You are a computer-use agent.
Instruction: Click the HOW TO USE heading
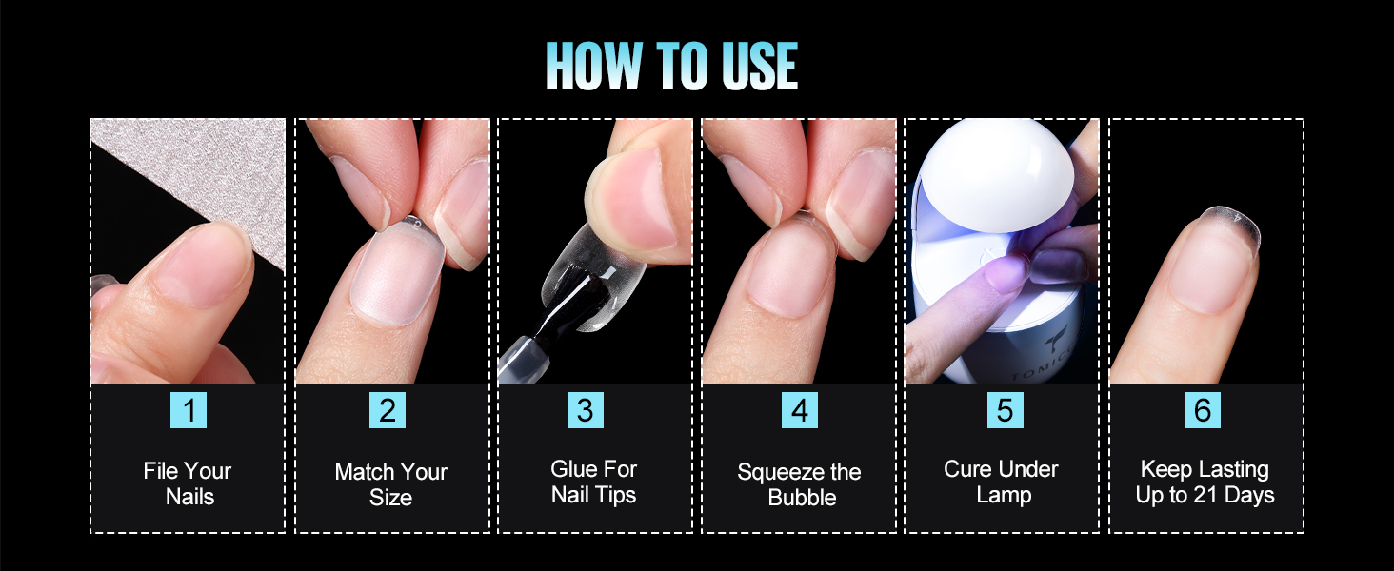click(671, 66)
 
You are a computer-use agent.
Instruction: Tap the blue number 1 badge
click(189, 410)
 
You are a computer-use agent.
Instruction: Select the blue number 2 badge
click(388, 410)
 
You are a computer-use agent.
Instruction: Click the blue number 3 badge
click(585, 410)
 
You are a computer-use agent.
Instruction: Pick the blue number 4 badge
click(800, 410)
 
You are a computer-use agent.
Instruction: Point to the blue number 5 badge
click(1006, 410)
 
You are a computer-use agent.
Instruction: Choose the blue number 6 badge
click(1203, 410)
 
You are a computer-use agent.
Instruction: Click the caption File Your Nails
click(188, 483)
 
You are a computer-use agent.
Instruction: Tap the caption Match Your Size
click(390, 483)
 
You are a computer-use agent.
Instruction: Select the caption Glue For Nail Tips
click(594, 482)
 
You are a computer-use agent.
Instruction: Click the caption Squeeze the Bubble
click(800, 483)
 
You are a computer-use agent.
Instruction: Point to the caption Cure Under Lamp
click(1002, 482)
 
